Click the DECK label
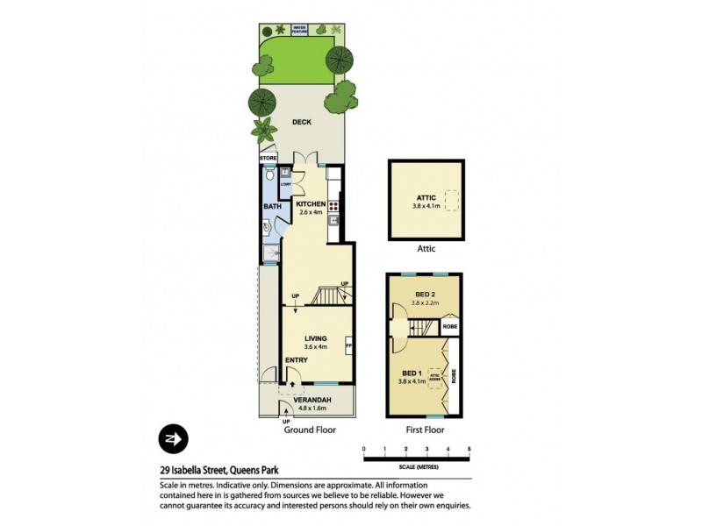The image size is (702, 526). tap(302, 123)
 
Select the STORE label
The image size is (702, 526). tap(269, 159)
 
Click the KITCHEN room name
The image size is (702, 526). tap(311, 203)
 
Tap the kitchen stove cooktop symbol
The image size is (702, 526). tap(333, 207)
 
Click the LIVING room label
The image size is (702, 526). tap(315, 338)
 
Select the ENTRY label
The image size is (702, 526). tap(297, 360)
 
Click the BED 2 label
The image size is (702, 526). tap(426, 295)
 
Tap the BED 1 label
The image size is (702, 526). tap(412, 373)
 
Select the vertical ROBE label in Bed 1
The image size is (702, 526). tap(453, 378)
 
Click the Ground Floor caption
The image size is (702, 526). tap(309, 430)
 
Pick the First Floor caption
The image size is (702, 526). tap(424, 430)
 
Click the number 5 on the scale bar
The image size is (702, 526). tap(469, 450)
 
